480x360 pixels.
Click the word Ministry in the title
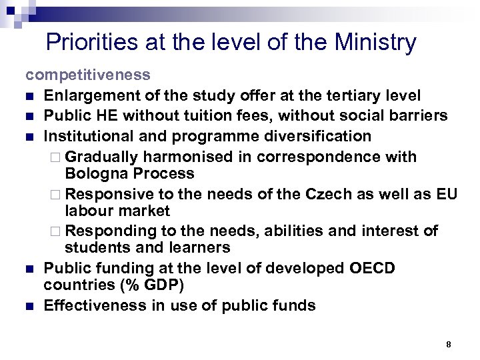tap(376, 43)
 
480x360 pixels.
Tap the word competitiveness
tap(88, 75)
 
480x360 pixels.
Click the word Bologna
tap(93, 173)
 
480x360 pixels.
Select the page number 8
tap(449, 345)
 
